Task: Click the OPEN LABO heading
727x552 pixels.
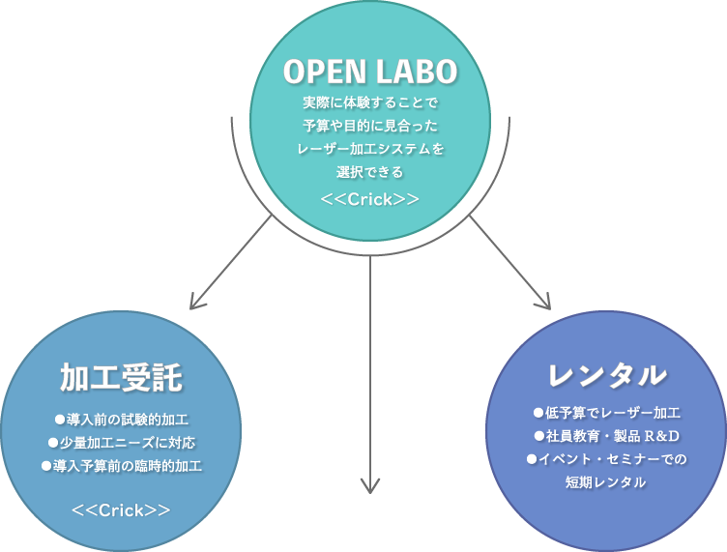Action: [x=370, y=72]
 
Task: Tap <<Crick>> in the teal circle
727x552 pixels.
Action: [x=370, y=199]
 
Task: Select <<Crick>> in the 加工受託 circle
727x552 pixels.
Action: [x=121, y=510]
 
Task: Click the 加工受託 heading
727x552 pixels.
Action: [x=121, y=377]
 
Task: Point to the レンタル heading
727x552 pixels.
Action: [x=607, y=374]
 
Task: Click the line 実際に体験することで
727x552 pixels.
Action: [x=370, y=102]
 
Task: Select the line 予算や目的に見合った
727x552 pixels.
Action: [x=370, y=126]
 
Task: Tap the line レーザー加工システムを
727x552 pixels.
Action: [x=370, y=149]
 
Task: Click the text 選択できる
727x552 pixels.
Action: [x=370, y=172]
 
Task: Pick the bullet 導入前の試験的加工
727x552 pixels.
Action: [x=122, y=420]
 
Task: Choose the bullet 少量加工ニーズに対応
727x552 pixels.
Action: [x=122, y=443]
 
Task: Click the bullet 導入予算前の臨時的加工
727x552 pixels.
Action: [x=122, y=466]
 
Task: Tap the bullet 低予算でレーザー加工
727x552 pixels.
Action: [x=607, y=413]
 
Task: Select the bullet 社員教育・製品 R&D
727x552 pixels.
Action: [x=607, y=436]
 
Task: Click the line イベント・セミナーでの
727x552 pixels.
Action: [x=607, y=459]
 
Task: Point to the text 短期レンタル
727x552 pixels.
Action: [x=605, y=482]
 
